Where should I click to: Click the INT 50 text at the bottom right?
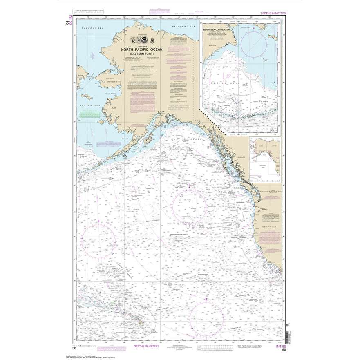click(280, 347)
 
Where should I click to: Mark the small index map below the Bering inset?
click(265, 159)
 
